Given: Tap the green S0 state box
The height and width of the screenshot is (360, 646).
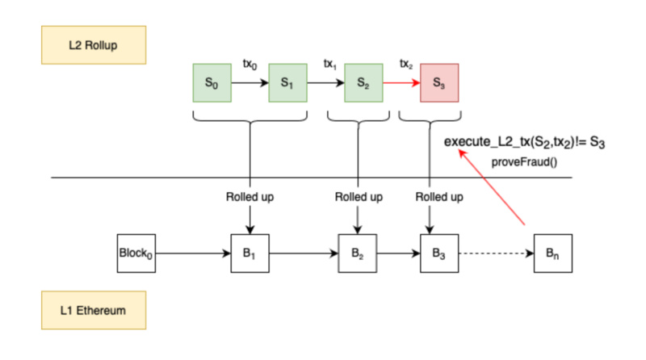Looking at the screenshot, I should point(211,83).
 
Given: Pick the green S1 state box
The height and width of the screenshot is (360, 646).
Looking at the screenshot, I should point(287,83).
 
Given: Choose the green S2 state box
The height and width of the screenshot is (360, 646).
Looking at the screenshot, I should point(363,83).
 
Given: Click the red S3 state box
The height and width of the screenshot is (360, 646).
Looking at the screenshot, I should point(438,83).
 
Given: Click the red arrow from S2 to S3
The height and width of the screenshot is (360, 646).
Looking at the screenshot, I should point(401,83).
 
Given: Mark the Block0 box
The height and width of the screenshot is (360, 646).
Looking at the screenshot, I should point(136,253).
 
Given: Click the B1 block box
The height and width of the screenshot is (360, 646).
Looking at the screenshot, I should point(250,253).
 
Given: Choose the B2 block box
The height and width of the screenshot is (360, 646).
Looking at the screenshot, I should point(358,253).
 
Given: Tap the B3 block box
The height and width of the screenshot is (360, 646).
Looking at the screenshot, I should point(438,253).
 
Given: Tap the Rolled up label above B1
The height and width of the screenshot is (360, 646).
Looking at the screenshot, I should point(250,196).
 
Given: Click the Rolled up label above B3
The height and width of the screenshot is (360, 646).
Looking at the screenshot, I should point(438,196).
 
